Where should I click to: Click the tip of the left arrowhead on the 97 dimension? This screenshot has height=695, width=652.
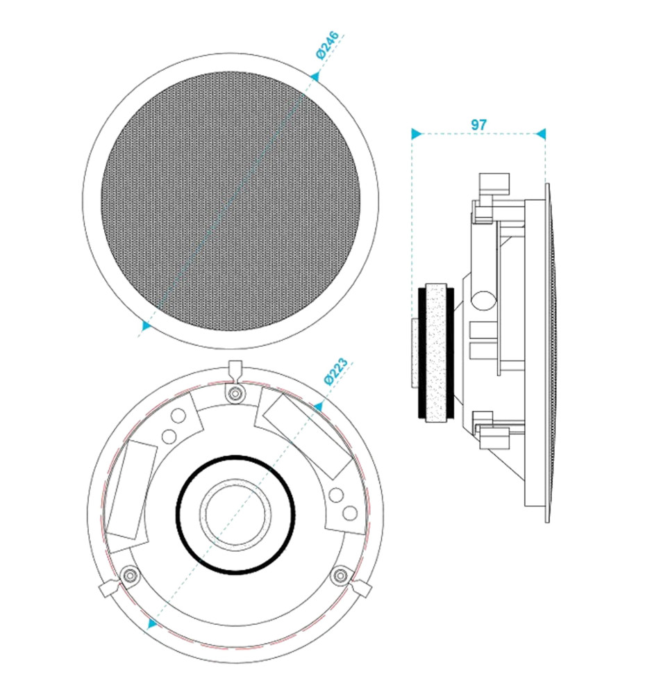click(412, 133)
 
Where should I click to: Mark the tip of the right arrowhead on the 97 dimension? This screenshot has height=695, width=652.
click(546, 133)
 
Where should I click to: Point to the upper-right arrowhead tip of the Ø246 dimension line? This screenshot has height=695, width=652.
click(318, 72)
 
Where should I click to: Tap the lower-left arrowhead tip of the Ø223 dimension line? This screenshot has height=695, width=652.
click(149, 630)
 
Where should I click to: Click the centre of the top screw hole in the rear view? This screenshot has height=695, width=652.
click(235, 393)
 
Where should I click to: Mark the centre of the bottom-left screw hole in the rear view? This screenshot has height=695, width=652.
click(130, 575)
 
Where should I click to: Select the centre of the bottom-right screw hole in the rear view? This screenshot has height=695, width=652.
click(341, 575)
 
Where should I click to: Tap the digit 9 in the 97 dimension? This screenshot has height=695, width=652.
click(474, 124)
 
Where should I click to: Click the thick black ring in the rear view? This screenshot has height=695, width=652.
click(235, 514)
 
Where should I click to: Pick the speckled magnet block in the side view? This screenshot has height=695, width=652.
click(436, 353)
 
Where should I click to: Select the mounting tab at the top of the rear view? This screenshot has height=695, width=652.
click(235, 370)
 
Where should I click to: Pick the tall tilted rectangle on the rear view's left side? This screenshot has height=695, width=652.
click(131, 490)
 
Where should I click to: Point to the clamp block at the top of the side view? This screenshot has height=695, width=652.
click(494, 183)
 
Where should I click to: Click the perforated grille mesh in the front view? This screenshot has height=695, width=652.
click(231, 202)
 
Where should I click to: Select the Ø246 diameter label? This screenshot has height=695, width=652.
click(328, 44)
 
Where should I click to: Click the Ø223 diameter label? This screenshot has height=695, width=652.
click(336, 371)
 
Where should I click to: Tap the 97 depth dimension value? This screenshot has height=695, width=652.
click(478, 124)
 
